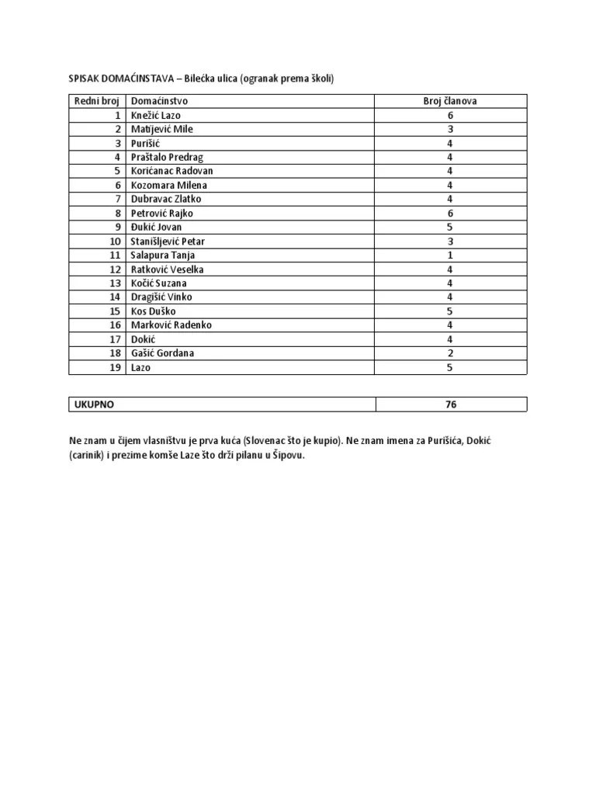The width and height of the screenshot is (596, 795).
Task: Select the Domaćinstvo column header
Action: pos(159,101)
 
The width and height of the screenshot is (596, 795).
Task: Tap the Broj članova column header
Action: pos(450,101)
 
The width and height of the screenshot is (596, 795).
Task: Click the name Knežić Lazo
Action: pos(155,115)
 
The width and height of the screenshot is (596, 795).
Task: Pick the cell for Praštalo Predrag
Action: pos(167,157)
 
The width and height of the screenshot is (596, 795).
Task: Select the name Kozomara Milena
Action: pos(169,185)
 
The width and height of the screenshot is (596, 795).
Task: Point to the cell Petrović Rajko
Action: pos(162,213)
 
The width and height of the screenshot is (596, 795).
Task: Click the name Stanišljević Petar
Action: pos(168,241)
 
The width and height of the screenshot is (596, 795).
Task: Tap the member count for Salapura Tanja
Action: pos(450,255)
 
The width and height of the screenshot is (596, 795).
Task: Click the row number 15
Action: pos(115,311)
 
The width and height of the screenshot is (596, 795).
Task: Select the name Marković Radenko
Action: pos(171,325)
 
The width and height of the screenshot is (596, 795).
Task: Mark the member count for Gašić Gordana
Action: pos(450,353)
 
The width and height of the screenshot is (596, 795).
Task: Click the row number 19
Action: pos(115,367)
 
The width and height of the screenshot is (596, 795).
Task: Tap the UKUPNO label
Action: pos(95,404)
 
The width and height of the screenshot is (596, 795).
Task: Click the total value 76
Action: pos(451,404)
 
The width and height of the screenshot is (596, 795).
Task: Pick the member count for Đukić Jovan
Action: pos(450,227)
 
